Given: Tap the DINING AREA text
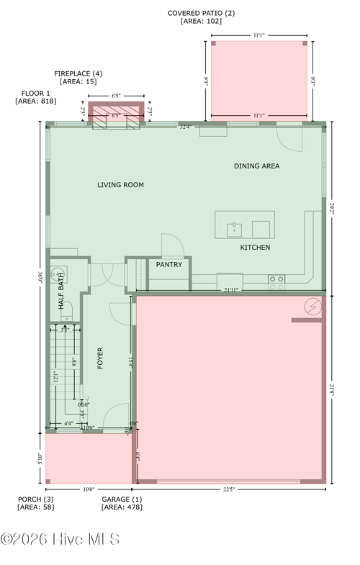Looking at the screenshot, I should (x=256, y=166).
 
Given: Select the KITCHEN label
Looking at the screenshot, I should (x=255, y=248).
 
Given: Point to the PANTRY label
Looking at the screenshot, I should (x=169, y=265).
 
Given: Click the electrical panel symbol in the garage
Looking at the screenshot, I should (x=312, y=307).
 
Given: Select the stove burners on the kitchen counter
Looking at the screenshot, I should (x=276, y=282).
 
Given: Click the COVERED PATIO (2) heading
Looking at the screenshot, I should (x=201, y=13).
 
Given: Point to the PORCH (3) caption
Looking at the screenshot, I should (x=35, y=499).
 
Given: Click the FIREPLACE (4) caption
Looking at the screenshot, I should (x=78, y=73).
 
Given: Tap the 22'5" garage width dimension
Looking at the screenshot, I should (x=229, y=489).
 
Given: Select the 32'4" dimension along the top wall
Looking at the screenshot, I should (x=186, y=127).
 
